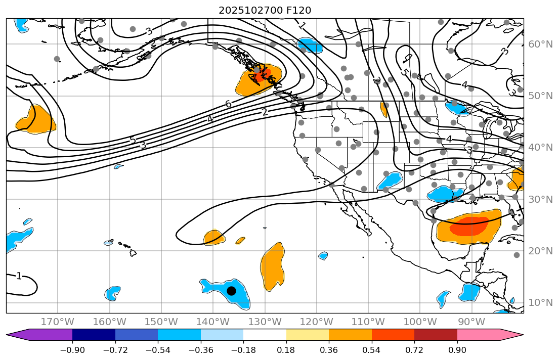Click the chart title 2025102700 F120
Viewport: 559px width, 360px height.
265,10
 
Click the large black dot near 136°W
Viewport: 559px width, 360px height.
231,291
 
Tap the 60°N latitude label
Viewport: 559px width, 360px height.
541,44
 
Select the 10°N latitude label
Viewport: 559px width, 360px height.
541,303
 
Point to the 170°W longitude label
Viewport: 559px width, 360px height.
57,322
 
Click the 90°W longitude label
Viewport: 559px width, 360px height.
471,322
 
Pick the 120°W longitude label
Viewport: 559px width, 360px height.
316,322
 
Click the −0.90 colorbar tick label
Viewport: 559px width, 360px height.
72,350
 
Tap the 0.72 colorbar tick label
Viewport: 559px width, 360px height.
414,350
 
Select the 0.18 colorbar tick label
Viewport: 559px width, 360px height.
286,350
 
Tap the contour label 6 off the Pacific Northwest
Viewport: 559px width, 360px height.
228,104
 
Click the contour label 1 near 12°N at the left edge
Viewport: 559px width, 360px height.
19,276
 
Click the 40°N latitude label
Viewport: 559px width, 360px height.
541,148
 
